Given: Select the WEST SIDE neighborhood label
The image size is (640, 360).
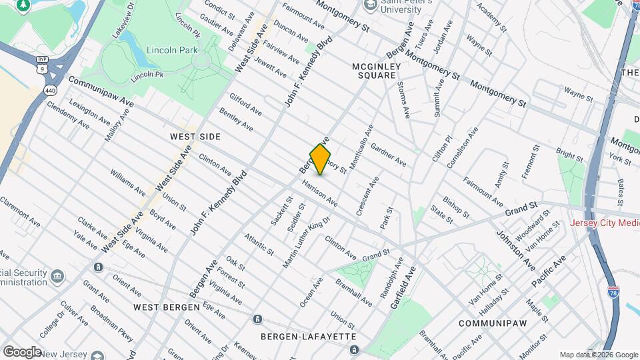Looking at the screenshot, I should pyautogui.click(x=195, y=136).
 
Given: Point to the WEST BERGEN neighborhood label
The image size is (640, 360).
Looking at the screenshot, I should pyautogui.click(x=166, y=307).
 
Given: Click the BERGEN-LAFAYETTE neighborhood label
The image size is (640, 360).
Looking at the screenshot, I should pyautogui.click(x=308, y=337).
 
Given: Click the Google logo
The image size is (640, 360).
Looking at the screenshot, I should pyautogui.click(x=22, y=351).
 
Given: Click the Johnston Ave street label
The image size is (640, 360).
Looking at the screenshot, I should pyautogui.click(x=515, y=250).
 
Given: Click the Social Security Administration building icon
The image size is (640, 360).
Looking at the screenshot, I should pyautogui.click(x=58, y=275).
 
